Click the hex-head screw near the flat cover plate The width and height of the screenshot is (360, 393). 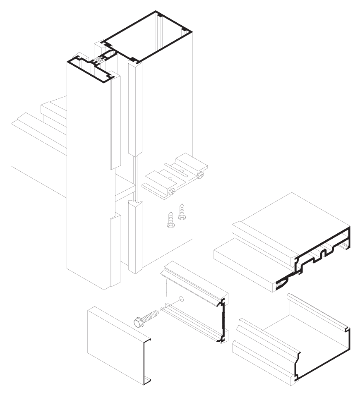(147, 318)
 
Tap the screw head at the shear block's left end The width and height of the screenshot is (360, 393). (172, 192)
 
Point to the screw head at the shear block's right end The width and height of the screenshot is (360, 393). (202, 175)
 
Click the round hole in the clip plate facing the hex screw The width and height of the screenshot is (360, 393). (181, 299)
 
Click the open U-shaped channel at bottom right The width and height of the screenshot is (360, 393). (290, 339)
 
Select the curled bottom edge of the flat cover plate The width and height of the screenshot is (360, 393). (147, 379)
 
